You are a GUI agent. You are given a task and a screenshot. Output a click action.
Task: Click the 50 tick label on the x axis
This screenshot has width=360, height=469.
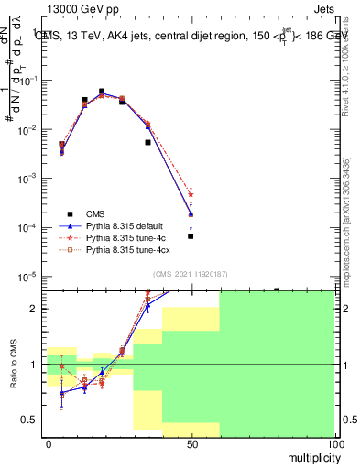click(x=191, y=443)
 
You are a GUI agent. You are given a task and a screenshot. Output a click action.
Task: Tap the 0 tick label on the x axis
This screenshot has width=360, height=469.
click(x=48, y=443)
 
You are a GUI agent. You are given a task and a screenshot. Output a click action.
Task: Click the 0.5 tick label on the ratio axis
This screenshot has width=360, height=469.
click(x=30, y=420)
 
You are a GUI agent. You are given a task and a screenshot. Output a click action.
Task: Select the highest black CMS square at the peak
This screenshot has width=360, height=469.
click(x=102, y=92)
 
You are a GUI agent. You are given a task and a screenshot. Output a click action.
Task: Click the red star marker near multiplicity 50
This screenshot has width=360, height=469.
click(x=191, y=194)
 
